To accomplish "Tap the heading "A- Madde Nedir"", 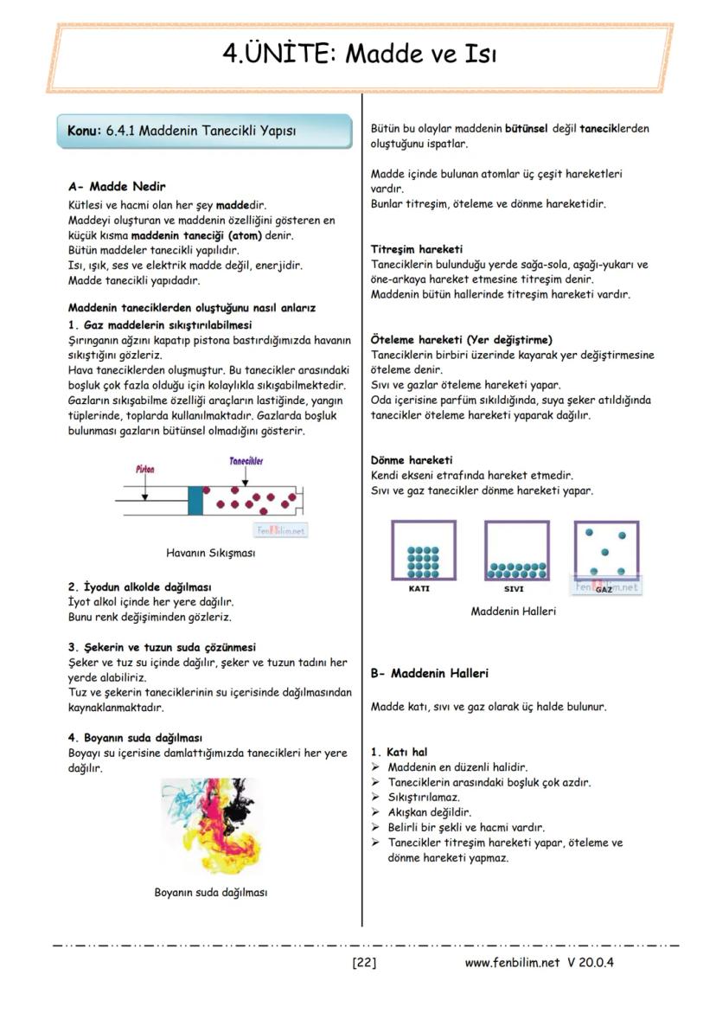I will pos(117,186).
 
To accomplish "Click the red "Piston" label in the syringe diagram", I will pos(145,469).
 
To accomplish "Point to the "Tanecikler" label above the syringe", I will pos(246,462).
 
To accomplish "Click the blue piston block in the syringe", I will pos(195,500).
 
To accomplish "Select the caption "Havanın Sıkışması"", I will pos(210,552).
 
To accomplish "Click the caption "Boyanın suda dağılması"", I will pos(210,892).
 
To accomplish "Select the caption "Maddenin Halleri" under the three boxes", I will pos(513,611).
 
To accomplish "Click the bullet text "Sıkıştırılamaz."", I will pos(424,797).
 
